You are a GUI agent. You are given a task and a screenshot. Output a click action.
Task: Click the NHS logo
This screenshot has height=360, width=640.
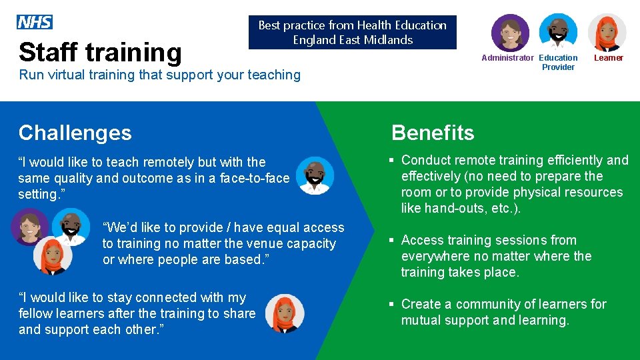click(x=35, y=23)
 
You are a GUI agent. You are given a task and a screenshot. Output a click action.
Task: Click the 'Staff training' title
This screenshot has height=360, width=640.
click(x=100, y=52)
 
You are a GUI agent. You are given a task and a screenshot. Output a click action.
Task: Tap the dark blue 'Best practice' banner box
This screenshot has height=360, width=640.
click(x=352, y=32)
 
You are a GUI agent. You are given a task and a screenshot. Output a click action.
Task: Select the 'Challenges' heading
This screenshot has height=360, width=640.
click(x=75, y=133)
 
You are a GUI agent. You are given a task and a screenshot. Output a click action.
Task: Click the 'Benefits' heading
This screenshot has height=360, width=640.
click(x=433, y=133)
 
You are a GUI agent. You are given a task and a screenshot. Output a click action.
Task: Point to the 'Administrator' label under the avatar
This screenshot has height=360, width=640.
click(x=507, y=58)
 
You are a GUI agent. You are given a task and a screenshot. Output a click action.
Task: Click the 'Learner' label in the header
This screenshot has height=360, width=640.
click(x=608, y=58)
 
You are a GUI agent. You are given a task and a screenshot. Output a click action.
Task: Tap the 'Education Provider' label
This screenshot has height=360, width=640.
click(x=558, y=62)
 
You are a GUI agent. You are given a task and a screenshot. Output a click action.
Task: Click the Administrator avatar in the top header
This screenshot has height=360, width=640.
click(x=510, y=32)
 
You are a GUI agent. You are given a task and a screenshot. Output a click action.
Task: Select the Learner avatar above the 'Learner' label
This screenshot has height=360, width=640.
click(x=607, y=32)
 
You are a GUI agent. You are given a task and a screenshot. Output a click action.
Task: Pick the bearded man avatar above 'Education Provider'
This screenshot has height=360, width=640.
click(x=558, y=32)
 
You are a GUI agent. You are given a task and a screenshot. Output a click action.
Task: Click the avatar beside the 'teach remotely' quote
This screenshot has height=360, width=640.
click(x=315, y=176)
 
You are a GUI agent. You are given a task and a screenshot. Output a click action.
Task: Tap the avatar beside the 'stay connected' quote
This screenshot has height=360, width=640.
click(x=284, y=313)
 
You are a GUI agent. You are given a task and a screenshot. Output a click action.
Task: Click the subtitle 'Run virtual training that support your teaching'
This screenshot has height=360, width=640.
click(x=160, y=75)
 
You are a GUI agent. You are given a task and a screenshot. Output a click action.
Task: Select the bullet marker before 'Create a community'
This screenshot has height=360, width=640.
click(x=392, y=304)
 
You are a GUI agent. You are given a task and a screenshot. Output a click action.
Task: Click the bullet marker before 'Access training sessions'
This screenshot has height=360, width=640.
click(x=392, y=240)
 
